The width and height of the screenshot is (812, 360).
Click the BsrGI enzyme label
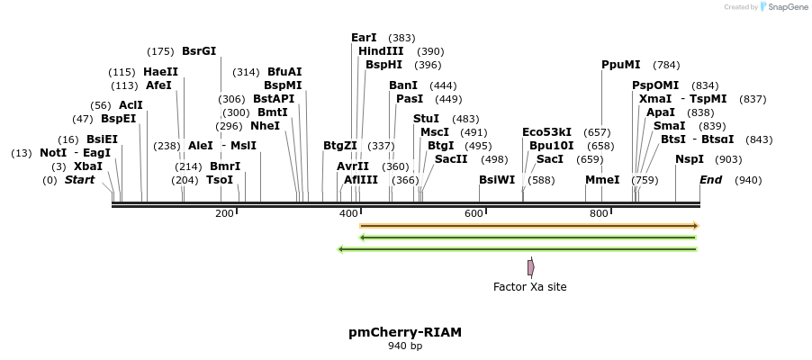coord(199,51)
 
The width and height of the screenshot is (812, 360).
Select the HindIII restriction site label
coord(381,51)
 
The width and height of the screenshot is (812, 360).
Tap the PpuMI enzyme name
coord(621,65)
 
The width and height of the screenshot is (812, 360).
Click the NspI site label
coord(690,158)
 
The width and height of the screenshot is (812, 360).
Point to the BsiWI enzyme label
coord(497,180)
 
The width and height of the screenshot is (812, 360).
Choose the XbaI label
coord(88,166)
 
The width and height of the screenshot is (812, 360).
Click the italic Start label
coord(79,180)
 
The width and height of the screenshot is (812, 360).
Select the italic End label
coord(710,180)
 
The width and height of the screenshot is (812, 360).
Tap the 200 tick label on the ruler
coord(224,213)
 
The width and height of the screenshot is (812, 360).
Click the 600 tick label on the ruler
coord(474,213)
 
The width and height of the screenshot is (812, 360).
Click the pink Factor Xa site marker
coord(531,267)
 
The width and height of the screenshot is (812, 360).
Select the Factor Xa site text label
coord(530,287)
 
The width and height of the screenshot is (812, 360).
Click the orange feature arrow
coord(529,225)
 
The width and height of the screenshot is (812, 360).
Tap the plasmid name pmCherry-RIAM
coord(405,332)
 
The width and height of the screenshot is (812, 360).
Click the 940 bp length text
coord(405,346)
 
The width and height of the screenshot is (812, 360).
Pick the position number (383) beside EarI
coord(402,38)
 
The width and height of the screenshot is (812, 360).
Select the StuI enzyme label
coord(426,119)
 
